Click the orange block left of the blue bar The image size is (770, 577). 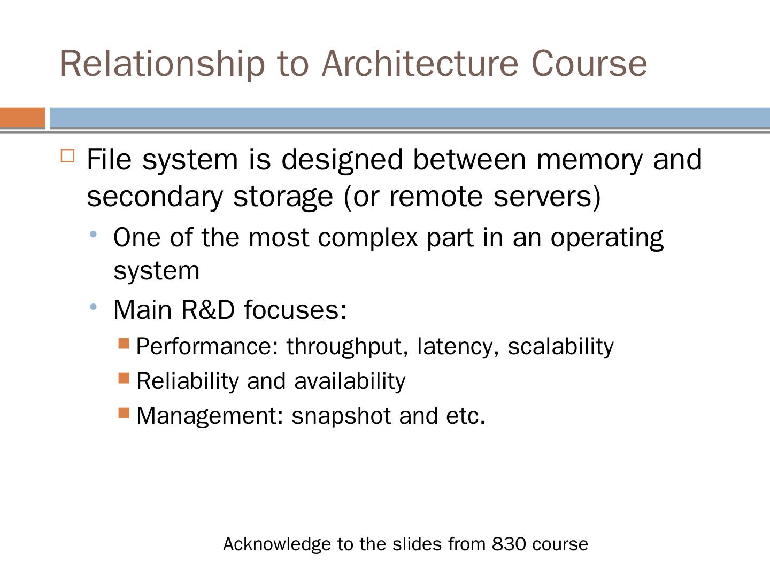(x=22, y=118)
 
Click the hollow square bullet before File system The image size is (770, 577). (x=68, y=156)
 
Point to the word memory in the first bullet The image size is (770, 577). (x=589, y=159)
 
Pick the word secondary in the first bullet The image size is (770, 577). (x=155, y=196)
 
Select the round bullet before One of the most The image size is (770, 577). (x=94, y=234)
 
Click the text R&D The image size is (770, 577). (x=209, y=310)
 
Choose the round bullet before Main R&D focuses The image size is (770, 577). (x=94, y=307)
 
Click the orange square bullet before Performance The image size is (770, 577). (x=124, y=344)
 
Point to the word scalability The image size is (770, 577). (x=560, y=347)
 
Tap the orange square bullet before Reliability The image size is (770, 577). (x=124, y=379)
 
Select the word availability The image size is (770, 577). (x=350, y=381)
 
